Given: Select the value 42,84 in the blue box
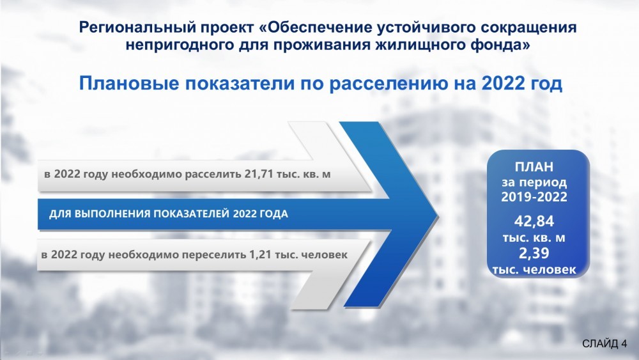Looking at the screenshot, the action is pos(534,221).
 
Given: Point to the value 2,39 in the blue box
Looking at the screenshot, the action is pos(534,254).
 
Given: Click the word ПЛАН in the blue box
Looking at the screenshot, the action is pos(534,167).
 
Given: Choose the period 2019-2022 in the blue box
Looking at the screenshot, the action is pos(534,197).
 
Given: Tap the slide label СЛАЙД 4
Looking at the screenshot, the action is pos(604,343).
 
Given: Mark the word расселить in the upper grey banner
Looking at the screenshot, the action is pos(213,175).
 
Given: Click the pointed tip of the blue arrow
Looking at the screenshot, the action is pos(438,214).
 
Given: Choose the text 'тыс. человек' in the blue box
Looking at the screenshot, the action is pos(534,269).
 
